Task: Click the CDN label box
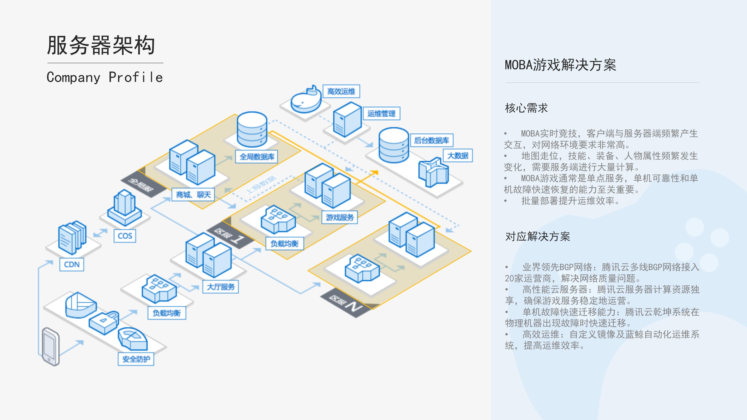pos(72,264)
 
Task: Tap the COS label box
pos(125,236)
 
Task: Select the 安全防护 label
pos(136,359)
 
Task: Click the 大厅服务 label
pos(220,287)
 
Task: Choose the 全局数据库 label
pos(257,157)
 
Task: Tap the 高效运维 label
pos(341,91)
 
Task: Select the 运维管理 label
pos(381,113)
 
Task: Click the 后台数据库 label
pos(431,140)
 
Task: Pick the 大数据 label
pos(458,156)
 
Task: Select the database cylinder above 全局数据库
pos(252,129)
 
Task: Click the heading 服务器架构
pos(101,45)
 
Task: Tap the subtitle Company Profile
pos(105,77)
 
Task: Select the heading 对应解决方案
pos(537,236)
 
